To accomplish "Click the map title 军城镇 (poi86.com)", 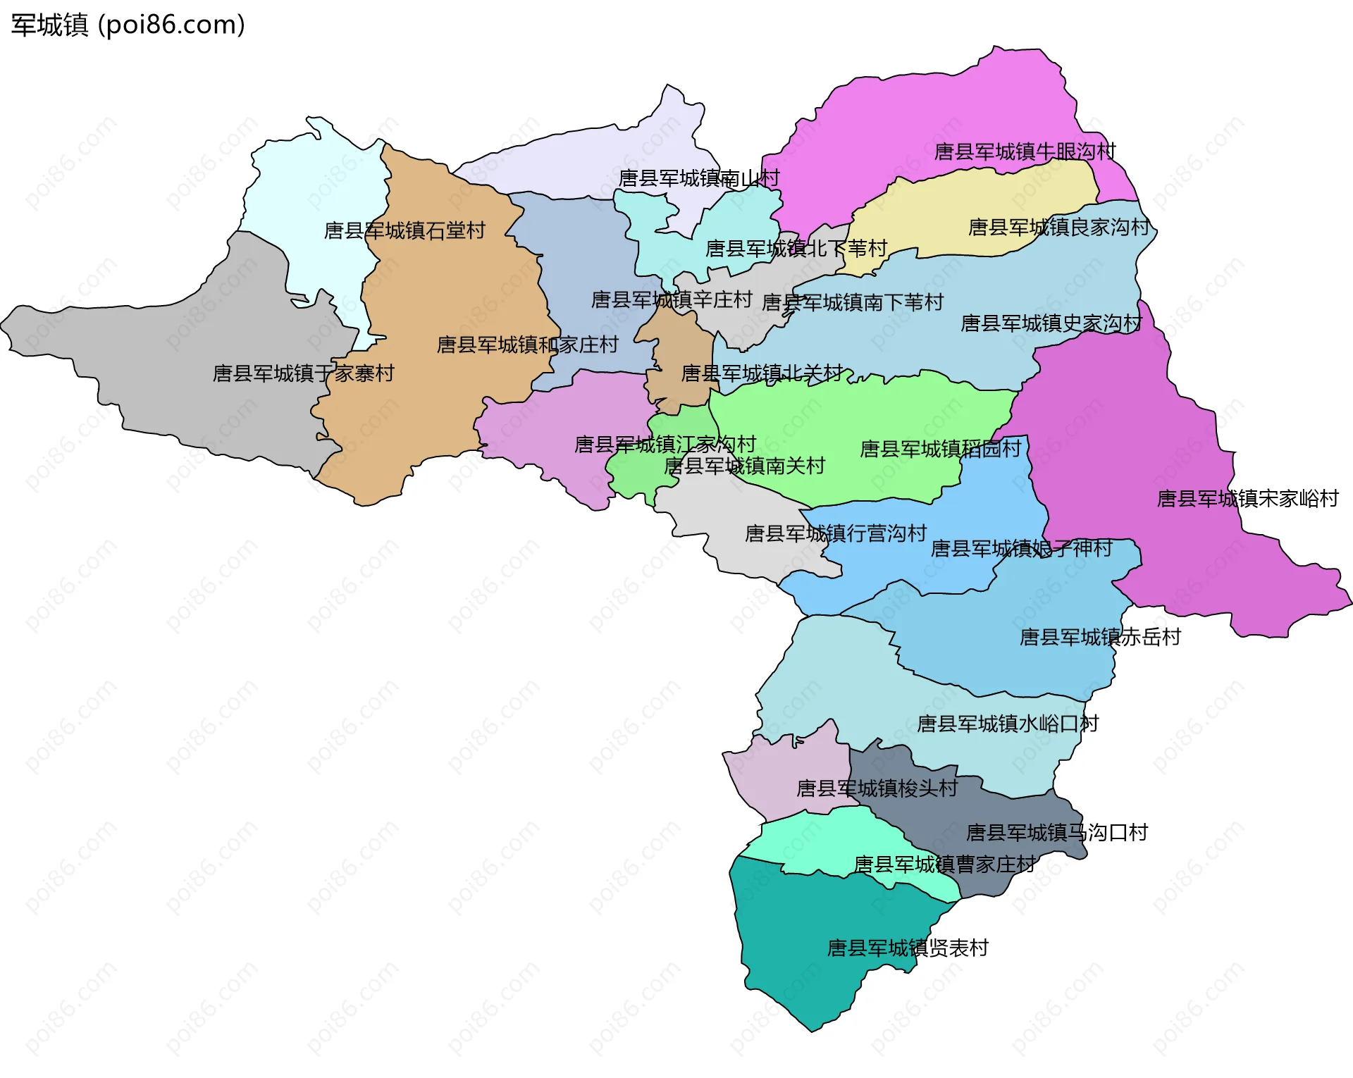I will coord(128,25).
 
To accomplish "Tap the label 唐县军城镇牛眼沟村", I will coord(1025,151).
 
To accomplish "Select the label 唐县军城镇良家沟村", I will coord(1058,227).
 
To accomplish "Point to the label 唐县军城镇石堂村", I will coord(404,230).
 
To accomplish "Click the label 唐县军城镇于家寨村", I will coord(303,373).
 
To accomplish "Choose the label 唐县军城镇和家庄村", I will coord(527,345).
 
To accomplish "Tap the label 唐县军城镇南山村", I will coord(699,178).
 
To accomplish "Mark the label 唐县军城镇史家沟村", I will coord(1051,323).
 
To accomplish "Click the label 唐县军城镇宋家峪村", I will coord(1247,499).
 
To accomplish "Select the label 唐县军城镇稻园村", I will coord(940,449).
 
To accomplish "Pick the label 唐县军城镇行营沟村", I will coord(835,533).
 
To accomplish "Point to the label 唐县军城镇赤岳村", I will coord(1100,637).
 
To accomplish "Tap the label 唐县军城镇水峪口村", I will coord(1007,724).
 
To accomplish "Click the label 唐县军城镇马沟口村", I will coord(1056,833).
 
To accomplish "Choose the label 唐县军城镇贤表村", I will coord(908,948).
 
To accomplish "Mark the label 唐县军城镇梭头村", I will coord(877,788).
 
